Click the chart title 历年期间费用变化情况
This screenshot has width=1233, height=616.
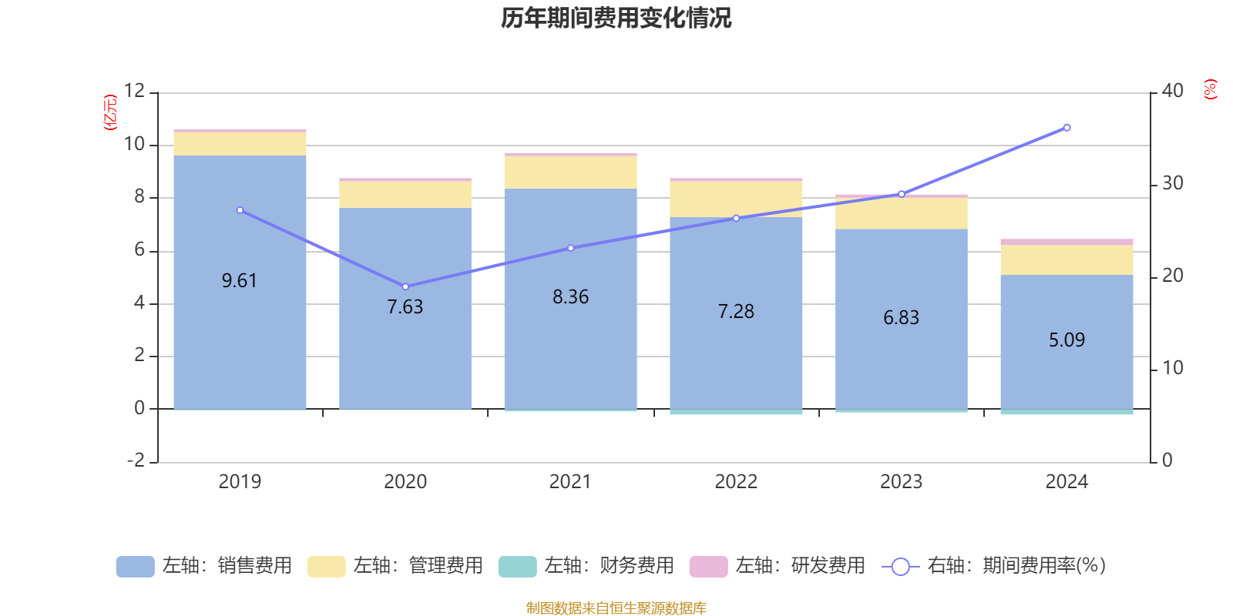click(x=616, y=18)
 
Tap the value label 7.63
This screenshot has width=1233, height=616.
click(x=405, y=307)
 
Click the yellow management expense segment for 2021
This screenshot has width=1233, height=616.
click(x=570, y=172)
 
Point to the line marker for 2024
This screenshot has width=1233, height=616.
click(x=1067, y=128)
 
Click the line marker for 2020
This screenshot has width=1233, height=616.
click(x=405, y=286)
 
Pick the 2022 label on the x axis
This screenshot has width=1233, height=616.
click(x=736, y=482)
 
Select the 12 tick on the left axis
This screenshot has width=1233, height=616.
click(x=134, y=91)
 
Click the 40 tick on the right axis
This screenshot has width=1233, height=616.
click(x=1172, y=91)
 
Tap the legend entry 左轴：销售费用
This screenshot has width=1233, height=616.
click(x=204, y=566)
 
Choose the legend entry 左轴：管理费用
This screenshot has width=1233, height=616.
click(x=395, y=566)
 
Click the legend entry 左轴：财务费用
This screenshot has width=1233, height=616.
click(x=586, y=566)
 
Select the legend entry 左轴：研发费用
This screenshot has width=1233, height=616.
click(x=777, y=566)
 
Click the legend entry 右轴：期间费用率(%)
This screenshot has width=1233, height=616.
click(x=994, y=566)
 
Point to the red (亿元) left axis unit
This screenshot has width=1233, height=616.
click(x=110, y=112)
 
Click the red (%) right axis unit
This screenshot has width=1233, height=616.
click(x=1211, y=89)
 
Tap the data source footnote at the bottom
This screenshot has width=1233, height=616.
click(x=616, y=608)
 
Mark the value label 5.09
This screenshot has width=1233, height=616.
click(x=1067, y=340)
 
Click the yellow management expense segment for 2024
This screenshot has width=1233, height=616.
click(x=1067, y=259)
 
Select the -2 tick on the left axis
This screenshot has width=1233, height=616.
click(x=136, y=460)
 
